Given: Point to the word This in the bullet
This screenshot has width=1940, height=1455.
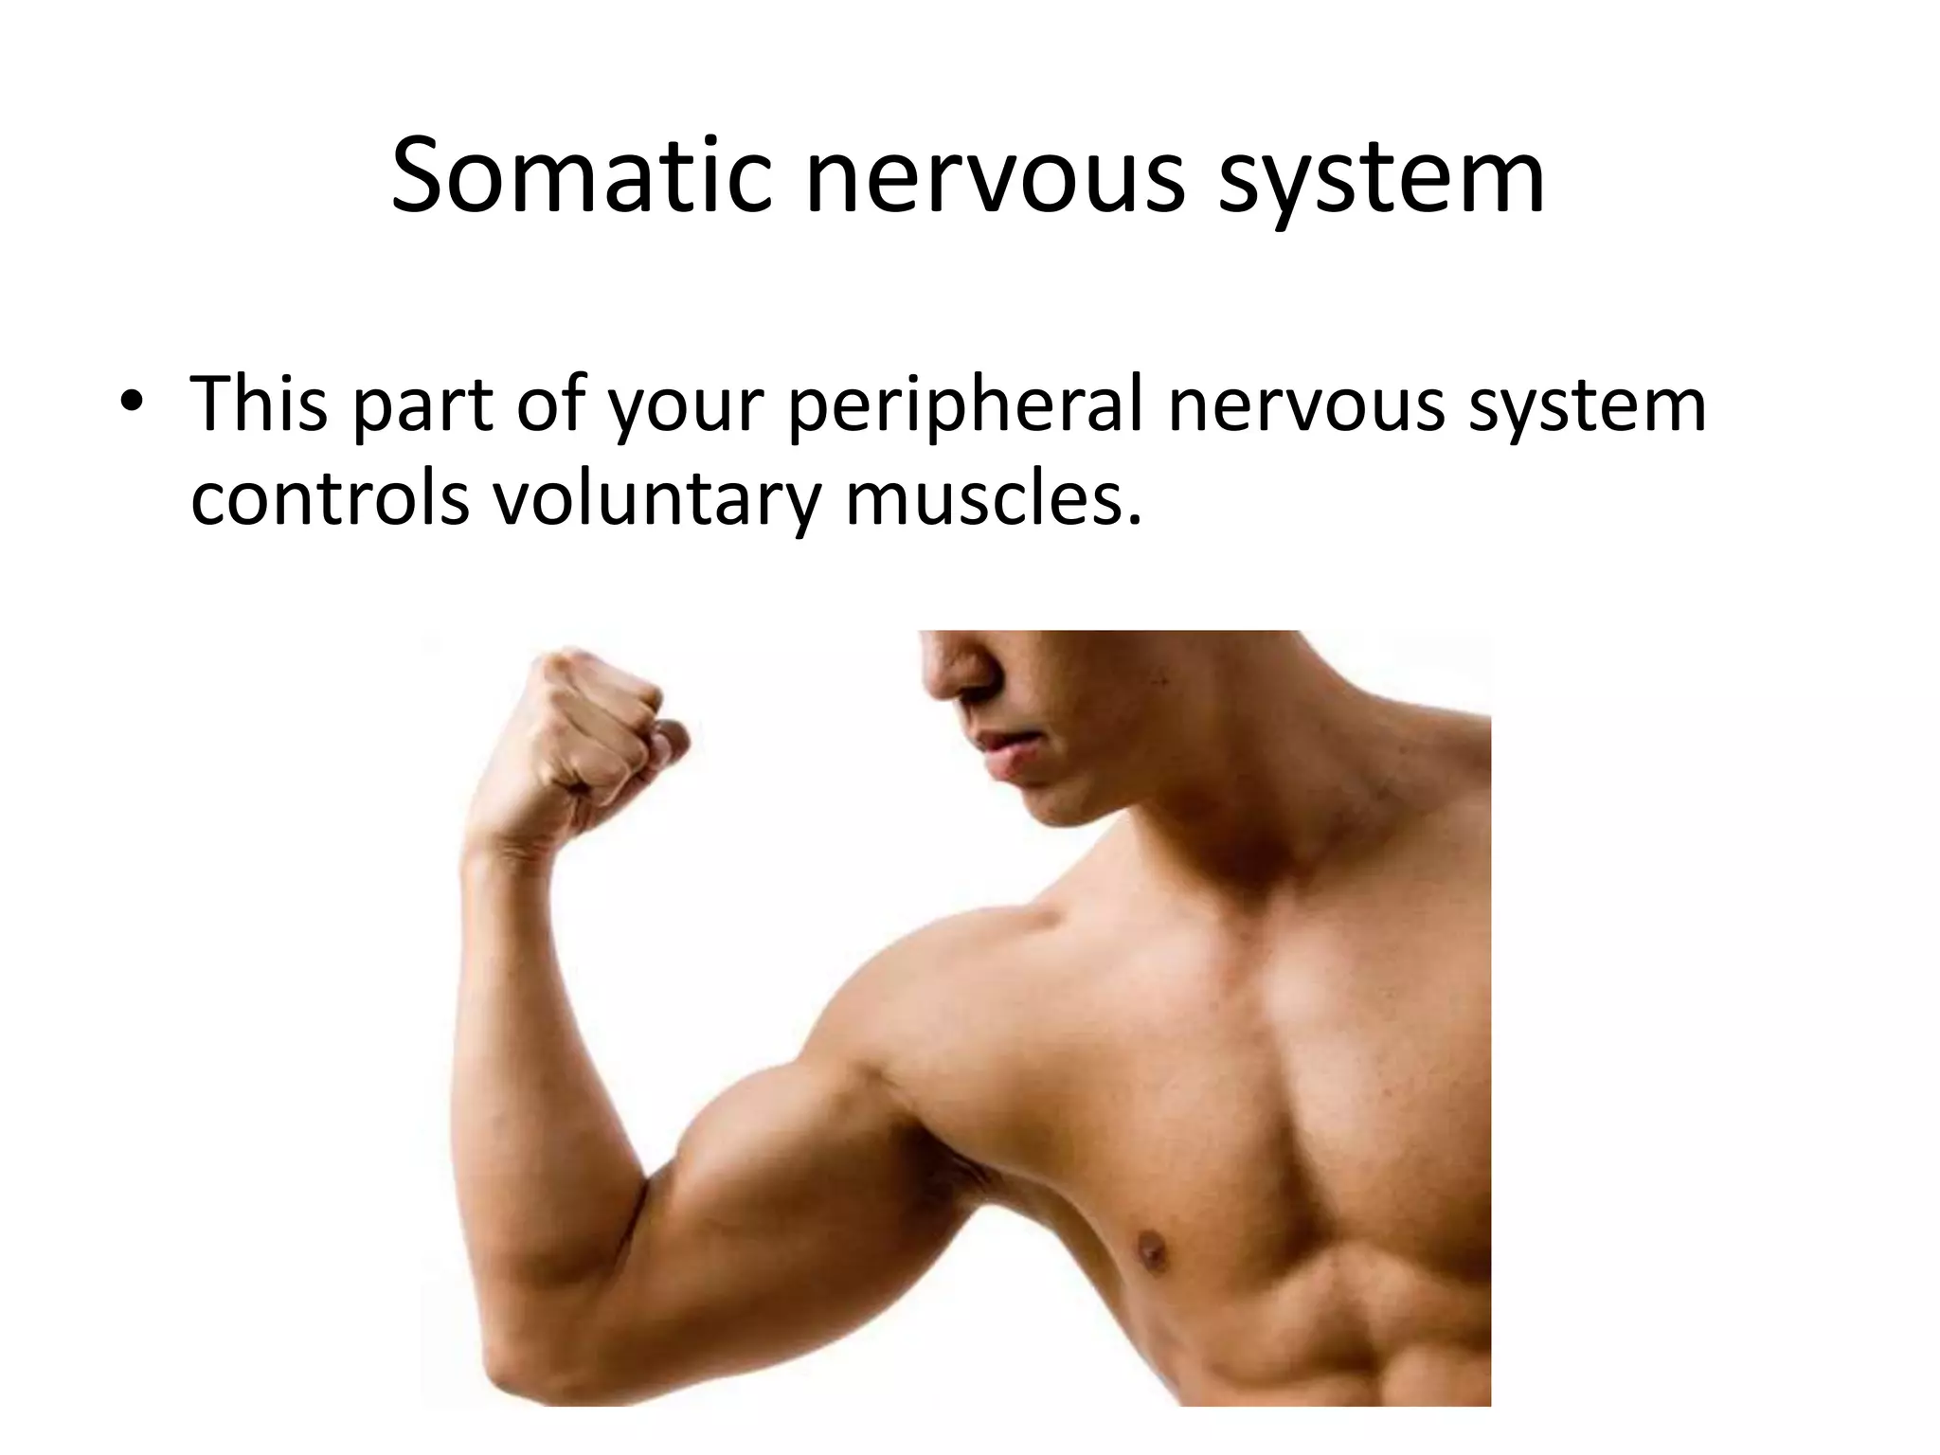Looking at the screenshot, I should pyautogui.click(x=259, y=404).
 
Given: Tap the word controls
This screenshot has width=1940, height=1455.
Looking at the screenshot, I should pyautogui.click(x=330, y=500).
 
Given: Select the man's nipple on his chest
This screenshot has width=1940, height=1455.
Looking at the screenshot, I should pyautogui.click(x=1152, y=1250).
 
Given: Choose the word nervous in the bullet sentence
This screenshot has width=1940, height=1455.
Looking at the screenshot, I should pyautogui.click(x=1306, y=404).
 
